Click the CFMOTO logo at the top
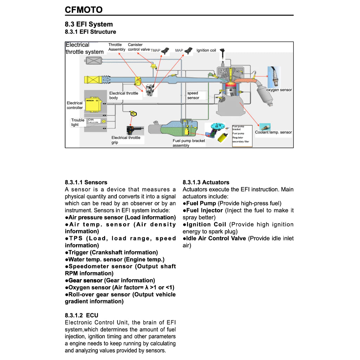tap(84, 9)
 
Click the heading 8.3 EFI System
tap(89, 24)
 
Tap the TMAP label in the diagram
tap(155, 51)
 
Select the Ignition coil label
tap(206, 50)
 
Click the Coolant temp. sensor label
tap(273, 133)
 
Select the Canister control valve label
tap(139, 47)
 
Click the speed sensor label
tap(193, 96)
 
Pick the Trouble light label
tap(78, 122)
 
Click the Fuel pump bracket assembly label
tap(188, 143)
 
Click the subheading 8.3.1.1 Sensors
tap(86, 182)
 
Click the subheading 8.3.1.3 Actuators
tap(206, 182)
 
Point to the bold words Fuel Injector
tap(204, 210)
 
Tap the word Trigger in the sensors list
tap(78, 252)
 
